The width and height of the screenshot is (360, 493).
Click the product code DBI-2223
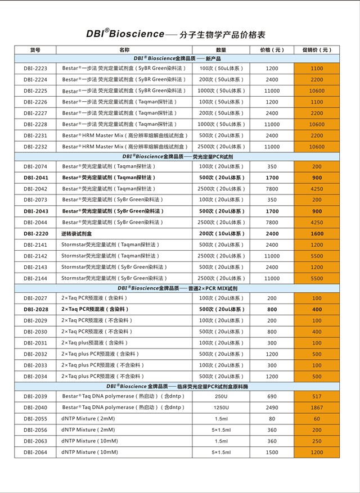[35, 69]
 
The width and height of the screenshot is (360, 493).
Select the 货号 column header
[35, 50]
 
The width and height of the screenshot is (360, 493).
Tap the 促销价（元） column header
[317, 50]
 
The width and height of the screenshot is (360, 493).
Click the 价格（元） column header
[272, 50]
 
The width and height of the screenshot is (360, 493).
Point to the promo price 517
[317, 396]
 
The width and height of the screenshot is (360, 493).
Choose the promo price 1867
[317, 408]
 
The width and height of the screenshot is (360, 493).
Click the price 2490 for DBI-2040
[272, 408]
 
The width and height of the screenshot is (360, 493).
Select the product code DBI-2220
[35, 234]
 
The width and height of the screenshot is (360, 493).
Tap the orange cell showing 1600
[317, 234]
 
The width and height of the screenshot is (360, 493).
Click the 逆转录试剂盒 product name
[76, 234]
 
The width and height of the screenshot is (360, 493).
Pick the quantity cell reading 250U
[221, 396]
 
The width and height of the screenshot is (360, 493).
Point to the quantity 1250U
[221, 408]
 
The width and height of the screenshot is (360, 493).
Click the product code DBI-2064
[35, 452]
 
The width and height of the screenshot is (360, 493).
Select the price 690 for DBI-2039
[272, 396]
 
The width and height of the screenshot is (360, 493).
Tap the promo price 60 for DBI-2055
[317, 419]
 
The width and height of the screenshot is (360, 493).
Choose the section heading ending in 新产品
[177, 58]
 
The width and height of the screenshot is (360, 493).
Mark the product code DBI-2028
[35, 309]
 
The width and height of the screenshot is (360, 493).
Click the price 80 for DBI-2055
[272, 419]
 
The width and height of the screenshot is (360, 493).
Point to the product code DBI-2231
[35, 135]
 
